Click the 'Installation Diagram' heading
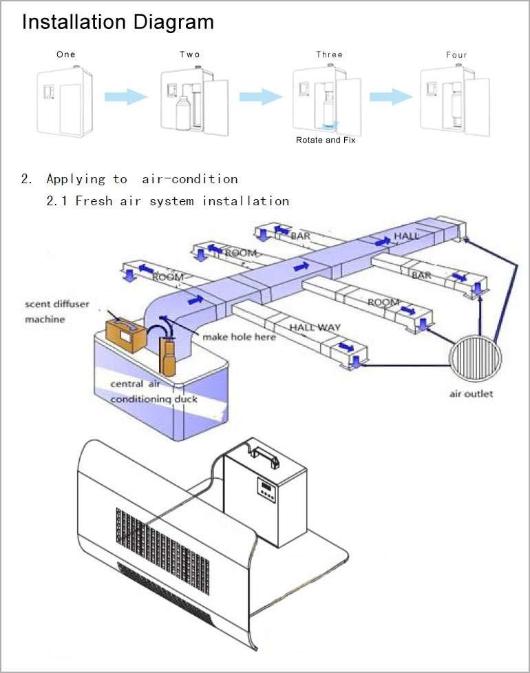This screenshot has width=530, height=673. tap(118, 22)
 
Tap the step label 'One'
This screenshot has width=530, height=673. tap(66, 54)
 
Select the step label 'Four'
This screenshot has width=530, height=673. tap(456, 55)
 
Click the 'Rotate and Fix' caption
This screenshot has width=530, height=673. tap(326, 140)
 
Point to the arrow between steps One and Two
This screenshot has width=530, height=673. tap(126, 96)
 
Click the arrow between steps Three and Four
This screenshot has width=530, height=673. tap(391, 96)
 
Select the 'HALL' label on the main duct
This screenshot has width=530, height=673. tap(406, 237)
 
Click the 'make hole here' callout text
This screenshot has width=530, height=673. tap(239, 337)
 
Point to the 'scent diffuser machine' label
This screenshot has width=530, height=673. tap(56, 311)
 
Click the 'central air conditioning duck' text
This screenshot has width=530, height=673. tap(153, 392)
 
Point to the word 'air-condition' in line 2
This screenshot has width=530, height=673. tap(189, 179)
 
